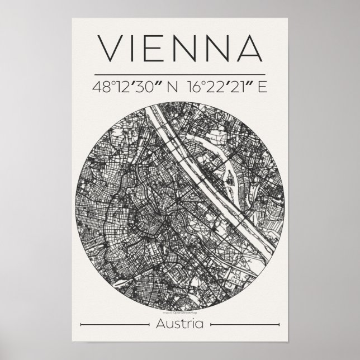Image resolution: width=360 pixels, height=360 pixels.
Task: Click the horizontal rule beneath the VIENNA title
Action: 180,74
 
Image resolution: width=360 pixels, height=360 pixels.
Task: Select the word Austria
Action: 180,324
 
